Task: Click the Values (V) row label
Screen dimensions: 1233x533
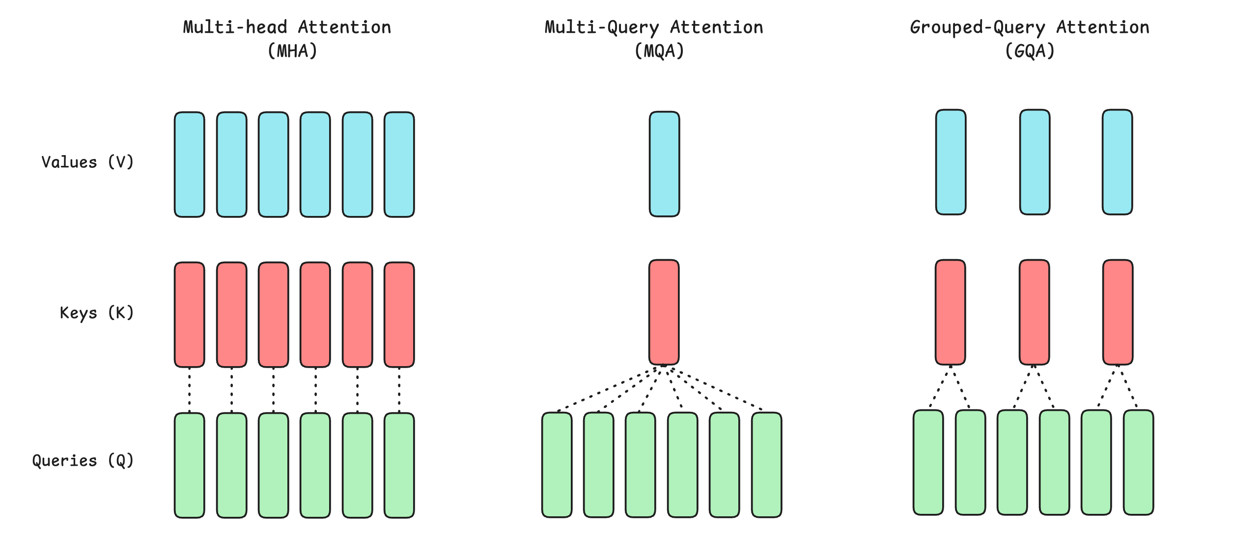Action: [x=87, y=162]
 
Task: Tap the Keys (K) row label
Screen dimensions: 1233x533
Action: [x=97, y=313]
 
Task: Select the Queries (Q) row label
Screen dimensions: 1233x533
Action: [x=83, y=460]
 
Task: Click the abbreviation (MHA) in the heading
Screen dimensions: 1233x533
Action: [x=292, y=51]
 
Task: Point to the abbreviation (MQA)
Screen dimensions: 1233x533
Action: [x=659, y=51]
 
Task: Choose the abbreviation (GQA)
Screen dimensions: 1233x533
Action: [x=1030, y=51]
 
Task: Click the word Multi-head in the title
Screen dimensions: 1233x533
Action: [x=235, y=27]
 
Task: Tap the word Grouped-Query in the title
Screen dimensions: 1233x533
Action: [x=978, y=27]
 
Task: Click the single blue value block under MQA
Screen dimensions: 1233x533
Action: [x=664, y=164]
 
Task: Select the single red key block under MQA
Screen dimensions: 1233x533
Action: [x=664, y=312]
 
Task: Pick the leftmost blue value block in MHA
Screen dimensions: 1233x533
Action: [x=190, y=164]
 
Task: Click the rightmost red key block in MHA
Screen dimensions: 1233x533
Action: [x=399, y=315]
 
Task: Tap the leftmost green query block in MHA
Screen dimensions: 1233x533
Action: [x=190, y=465]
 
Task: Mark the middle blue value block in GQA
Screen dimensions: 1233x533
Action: [x=1035, y=162]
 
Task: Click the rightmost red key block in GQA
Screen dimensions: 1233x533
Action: [x=1118, y=312]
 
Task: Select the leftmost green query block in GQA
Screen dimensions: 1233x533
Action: [x=928, y=462]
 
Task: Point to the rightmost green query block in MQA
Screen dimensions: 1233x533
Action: [x=766, y=465]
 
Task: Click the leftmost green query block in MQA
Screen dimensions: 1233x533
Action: [x=557, y=465]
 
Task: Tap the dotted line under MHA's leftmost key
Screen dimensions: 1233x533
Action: [x=190, y=390]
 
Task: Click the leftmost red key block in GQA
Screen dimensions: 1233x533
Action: [x=950, y=312]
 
